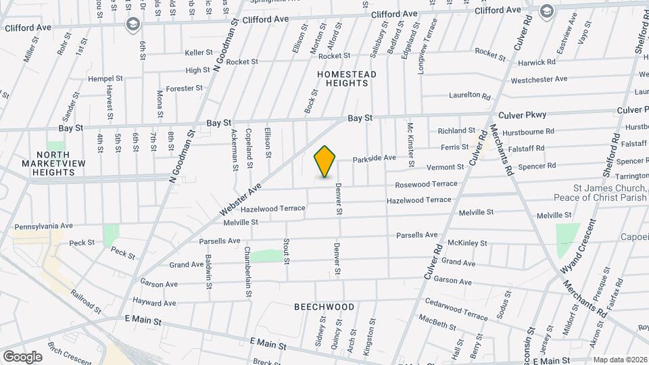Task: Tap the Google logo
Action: (x=22, y=356)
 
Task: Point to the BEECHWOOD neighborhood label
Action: (x=324, y=307)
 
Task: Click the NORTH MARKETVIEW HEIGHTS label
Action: (x=54, y=163)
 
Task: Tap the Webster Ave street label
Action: (x=240, y=202)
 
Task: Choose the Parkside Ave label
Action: (x=374, y=158)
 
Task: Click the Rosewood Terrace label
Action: (x=426, y=184)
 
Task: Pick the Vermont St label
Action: (x=445, y=167)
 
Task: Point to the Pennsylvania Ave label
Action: (x=43, y=225)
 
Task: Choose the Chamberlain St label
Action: (x=247, y=272)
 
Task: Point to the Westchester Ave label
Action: (x=539, y=79)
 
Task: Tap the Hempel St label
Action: (x=105, y=78)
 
